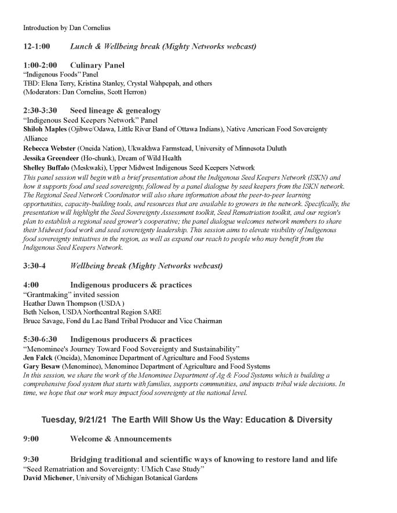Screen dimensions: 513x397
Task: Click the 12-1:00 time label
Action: [x=37, y=46]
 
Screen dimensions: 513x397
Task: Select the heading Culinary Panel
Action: [x=97, y=65]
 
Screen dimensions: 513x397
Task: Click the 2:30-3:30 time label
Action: [x=41, y=111]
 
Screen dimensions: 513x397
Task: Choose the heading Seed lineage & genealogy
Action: [x=115, y=111]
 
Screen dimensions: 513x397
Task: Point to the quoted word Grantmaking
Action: [x=48, y=295]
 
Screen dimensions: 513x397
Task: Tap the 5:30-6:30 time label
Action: [x=41, y=339]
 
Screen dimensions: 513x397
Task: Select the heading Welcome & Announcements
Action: [x=121, y=439]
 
